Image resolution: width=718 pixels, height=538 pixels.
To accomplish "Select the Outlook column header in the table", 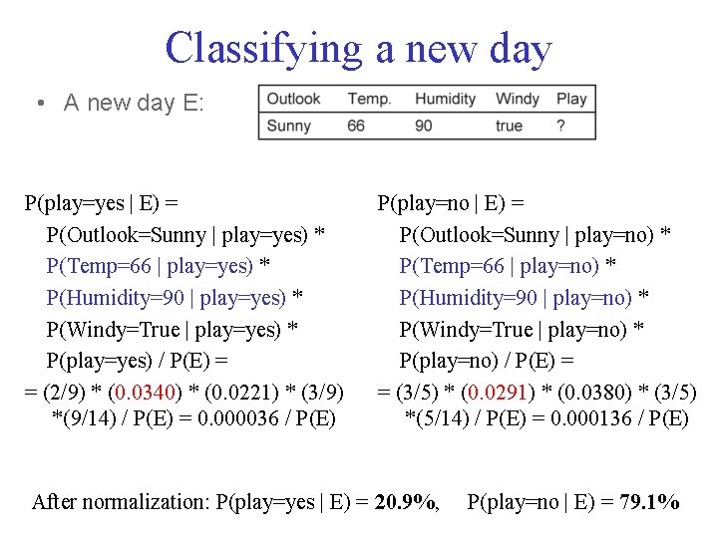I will click(x=293, y=99).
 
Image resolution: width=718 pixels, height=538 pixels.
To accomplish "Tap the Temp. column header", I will click(x=369, y=99).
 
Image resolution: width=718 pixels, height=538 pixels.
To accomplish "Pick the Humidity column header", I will click(x=445, y=99).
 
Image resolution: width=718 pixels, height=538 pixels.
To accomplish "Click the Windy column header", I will click(x=517, y=99).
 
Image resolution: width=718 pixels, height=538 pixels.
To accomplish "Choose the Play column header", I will click(x=571, y=99).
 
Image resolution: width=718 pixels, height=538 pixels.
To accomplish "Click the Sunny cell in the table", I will click(x=288, y=126).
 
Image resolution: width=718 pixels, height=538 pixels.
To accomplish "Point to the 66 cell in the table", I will click(x=356, y=126).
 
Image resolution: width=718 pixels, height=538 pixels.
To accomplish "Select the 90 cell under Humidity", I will click(x=424, y=126).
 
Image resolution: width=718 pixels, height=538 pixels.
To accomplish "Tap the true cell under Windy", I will click(x=509, y=126).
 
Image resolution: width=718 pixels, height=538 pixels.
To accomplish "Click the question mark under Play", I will click(x=561, y=126).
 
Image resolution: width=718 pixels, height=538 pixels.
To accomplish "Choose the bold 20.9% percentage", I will click(x=406, y=502).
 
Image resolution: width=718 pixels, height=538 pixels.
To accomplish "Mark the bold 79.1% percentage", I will click(x=648, y=502).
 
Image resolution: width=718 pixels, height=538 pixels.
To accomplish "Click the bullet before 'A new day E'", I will click(x=37, y=103).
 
